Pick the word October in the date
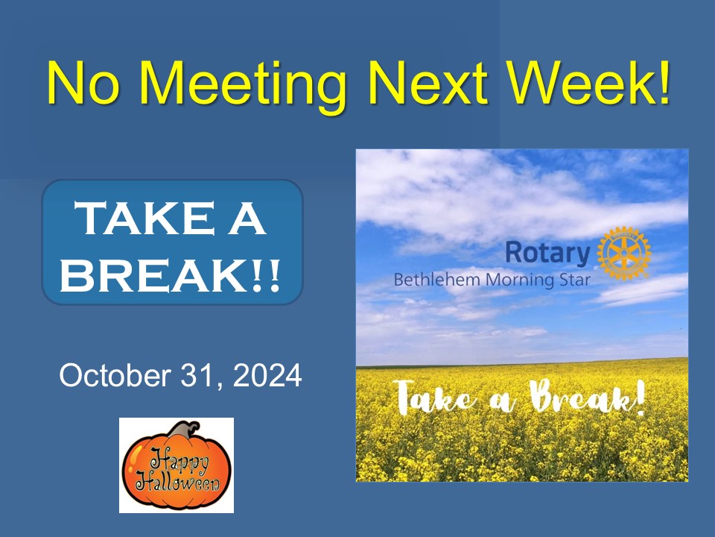point(115,376)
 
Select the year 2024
point(267,376)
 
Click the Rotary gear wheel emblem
point(624,253)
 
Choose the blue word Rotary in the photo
point(547,253)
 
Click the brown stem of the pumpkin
point(184,430)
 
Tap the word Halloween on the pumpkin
point(178,483)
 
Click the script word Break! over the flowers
point(588,398)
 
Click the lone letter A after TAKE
point(247,219)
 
